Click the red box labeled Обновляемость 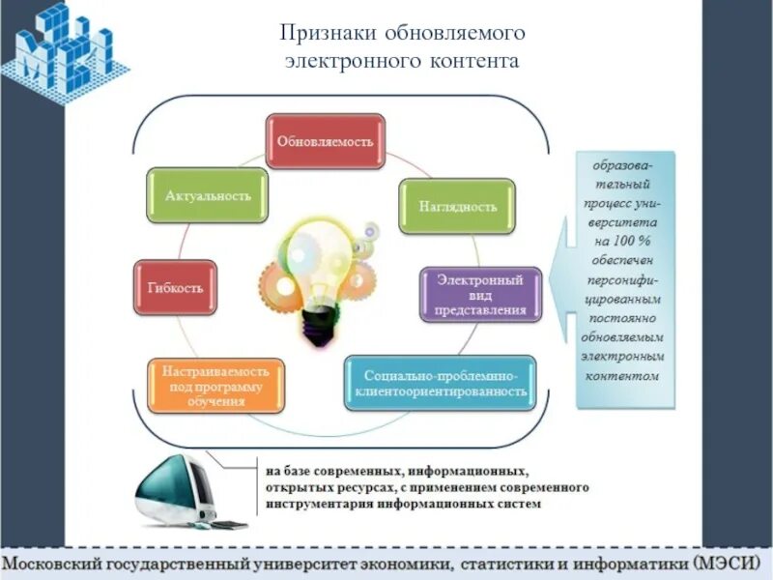click(x=325, y=141)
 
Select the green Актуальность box click(x=208, y=195)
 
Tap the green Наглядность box click(x=458, y=206)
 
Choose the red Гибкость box click(x=175, y=288)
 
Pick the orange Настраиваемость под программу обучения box click(x=215, y=385)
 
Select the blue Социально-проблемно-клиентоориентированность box click(x=440, y=383)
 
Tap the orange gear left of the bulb click(x=281, y=285)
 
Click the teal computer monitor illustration click(x=179, y=490)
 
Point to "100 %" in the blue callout click(x=625, y=240)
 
